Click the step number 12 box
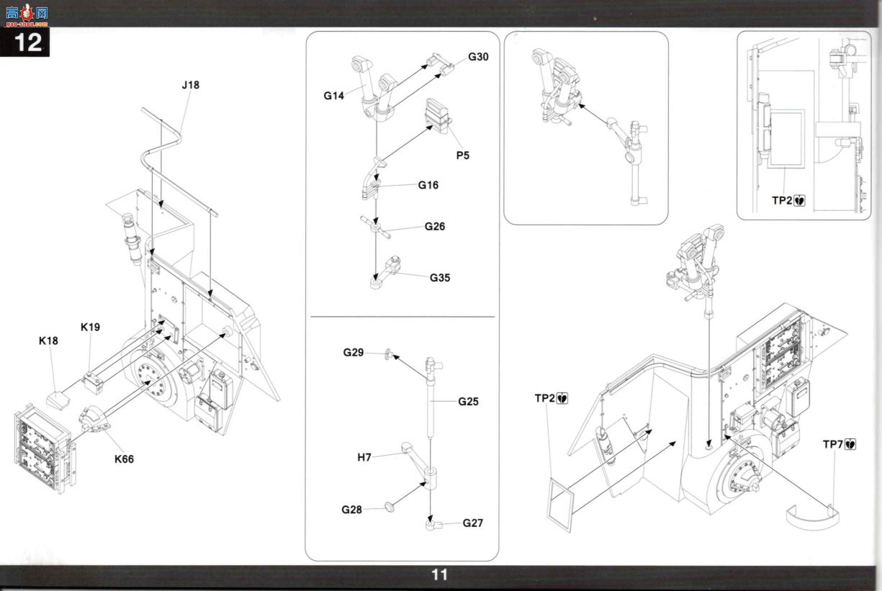pos(24,42)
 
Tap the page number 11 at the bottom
pos(440,575)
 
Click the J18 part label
pos(191,85)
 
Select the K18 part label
pos(48,340)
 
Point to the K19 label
pos(90,327)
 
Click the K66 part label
pos(124,459)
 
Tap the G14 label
pos(334,96)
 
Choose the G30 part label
pos(478,57)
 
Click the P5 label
pos(463,155)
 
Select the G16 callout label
pos(428,185)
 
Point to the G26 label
pos(435,227)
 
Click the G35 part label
pos(440,278)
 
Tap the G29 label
pos(354,353)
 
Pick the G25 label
pos(468,402)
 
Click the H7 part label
pos(364,457)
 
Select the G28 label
pos(351,510)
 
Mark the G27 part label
pos(472,523)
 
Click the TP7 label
pos(833,444)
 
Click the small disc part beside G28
pos(389,507)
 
